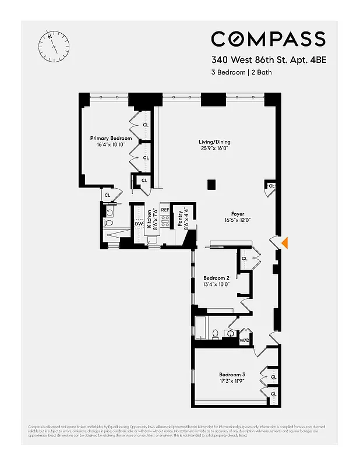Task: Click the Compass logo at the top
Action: click(268, 39)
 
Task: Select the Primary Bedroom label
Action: click(110, 139)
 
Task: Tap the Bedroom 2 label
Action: click(216, 278)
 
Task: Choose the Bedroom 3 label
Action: click(232, 374)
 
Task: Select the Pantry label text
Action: click(180, 220)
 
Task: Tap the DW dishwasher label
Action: click(139, 224)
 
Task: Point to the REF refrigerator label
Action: click(165, 210)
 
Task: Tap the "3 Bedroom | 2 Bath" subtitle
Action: click(241, 73)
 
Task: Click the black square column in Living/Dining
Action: click(212, 185)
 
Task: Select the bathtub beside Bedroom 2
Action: click(201, 329)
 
